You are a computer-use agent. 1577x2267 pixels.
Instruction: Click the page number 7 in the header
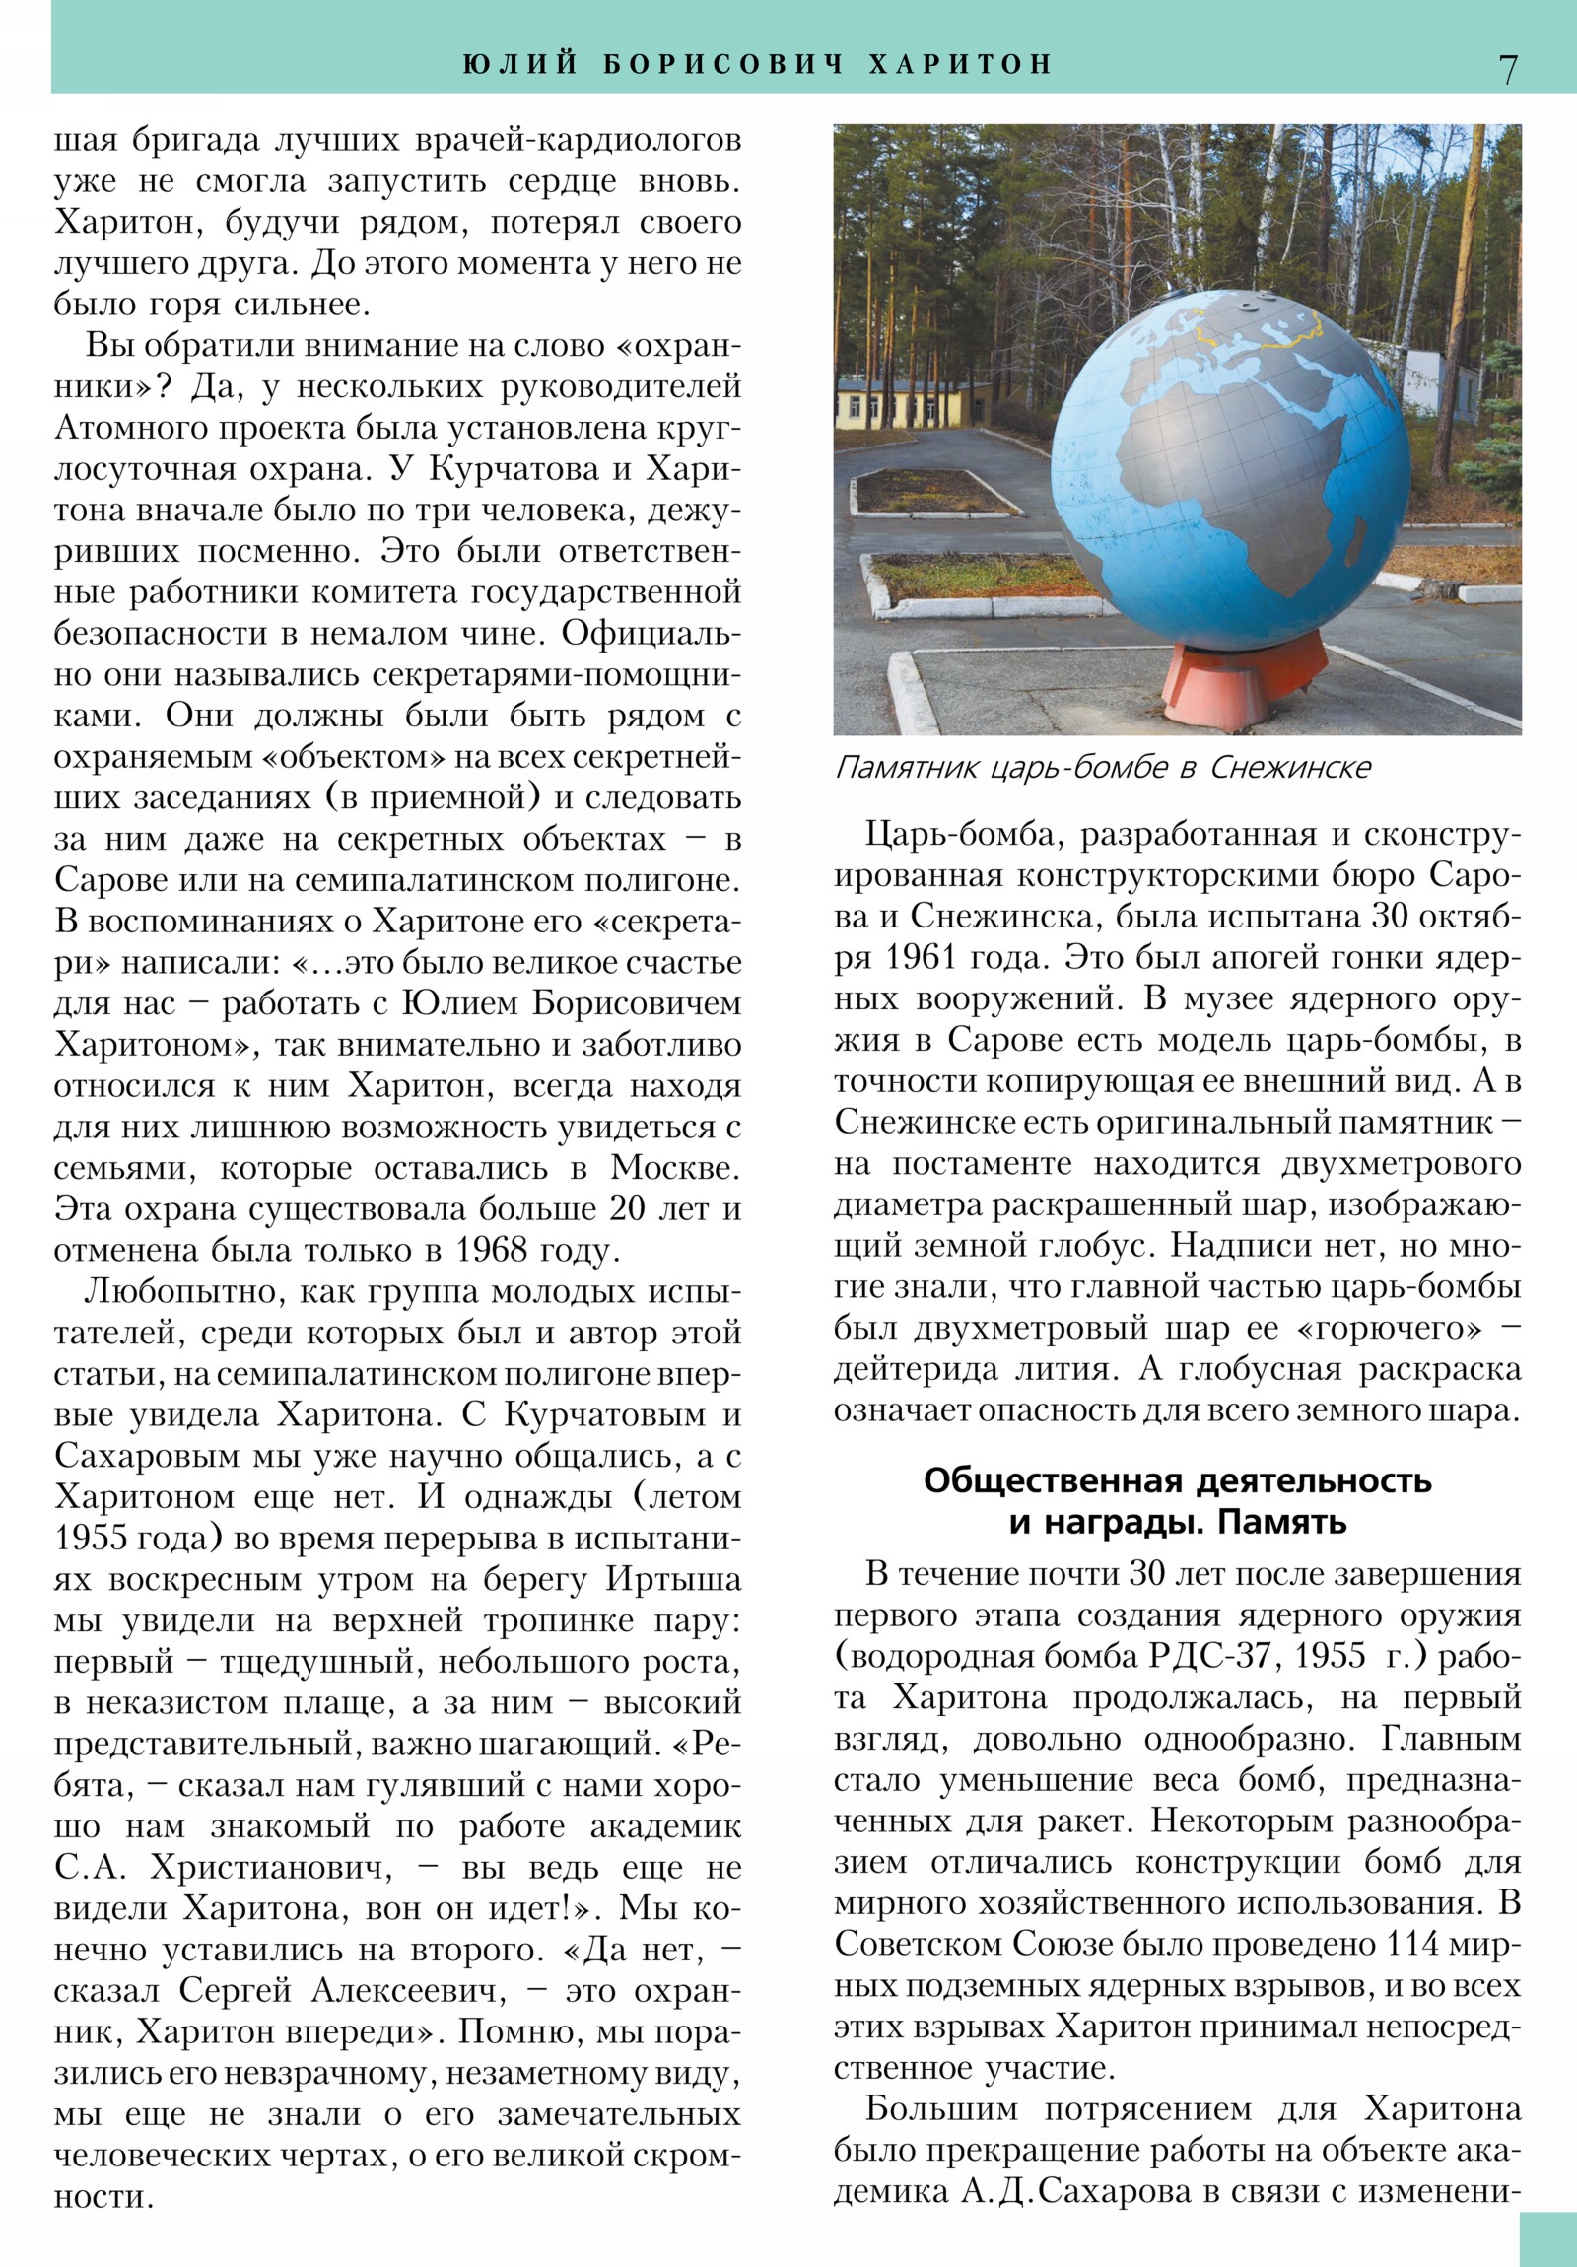[1508, 68]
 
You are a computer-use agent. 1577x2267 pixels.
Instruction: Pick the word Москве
[674, 1168]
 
